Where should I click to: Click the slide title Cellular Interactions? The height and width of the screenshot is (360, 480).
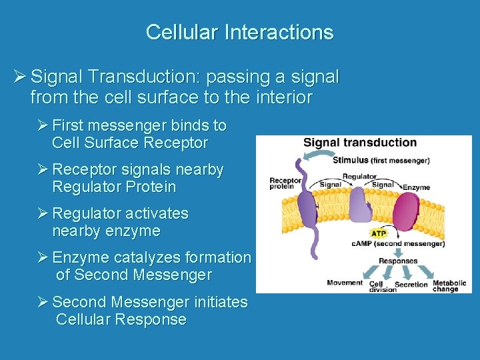pos(239,32)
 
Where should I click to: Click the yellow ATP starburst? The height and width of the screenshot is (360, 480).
pos(378,233)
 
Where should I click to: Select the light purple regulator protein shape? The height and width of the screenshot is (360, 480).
pos(359,205)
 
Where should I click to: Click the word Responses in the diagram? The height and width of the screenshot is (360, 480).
pos(397,261)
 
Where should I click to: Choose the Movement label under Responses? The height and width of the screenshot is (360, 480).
pos(345,283)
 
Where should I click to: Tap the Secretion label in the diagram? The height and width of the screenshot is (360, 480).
pos(411,285)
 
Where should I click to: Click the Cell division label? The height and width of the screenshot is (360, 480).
pos(377,286)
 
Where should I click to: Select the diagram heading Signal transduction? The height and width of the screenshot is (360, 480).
pos(360,143)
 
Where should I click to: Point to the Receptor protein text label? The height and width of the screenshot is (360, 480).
pos(285,183)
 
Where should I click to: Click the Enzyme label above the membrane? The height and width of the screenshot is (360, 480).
pos(417,187)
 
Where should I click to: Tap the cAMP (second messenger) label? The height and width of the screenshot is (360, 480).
pos(397,244)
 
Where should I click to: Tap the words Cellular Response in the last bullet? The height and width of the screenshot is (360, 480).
pos(121,319)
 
